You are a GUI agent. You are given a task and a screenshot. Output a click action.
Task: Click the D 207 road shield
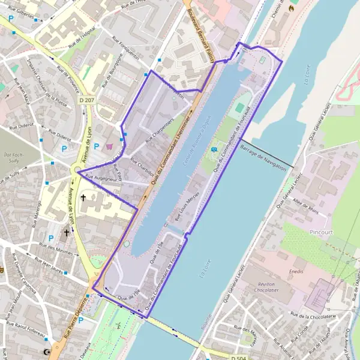click(87, 100)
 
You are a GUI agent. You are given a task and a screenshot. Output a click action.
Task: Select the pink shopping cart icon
click(109, 146)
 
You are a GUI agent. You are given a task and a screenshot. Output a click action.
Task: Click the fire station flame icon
click(292, 8)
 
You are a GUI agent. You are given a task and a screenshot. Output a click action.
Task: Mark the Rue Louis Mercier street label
click(186, 207)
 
